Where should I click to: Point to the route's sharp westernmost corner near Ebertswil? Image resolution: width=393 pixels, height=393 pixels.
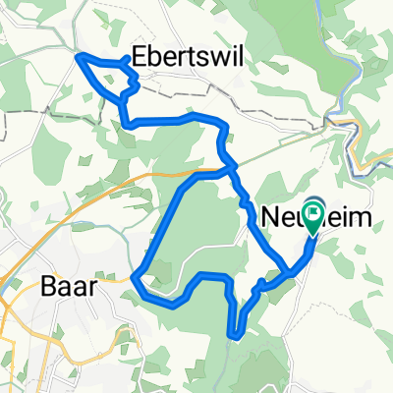(79, 57)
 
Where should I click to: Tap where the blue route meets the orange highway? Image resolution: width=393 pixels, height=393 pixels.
(232, 169)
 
